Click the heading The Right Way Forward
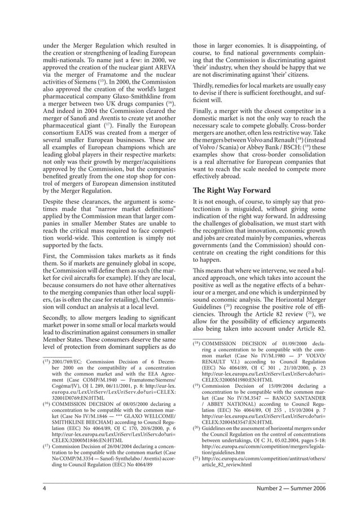point(232,190)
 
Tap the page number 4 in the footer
point(44,489)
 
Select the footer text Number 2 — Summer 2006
point(290,489)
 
